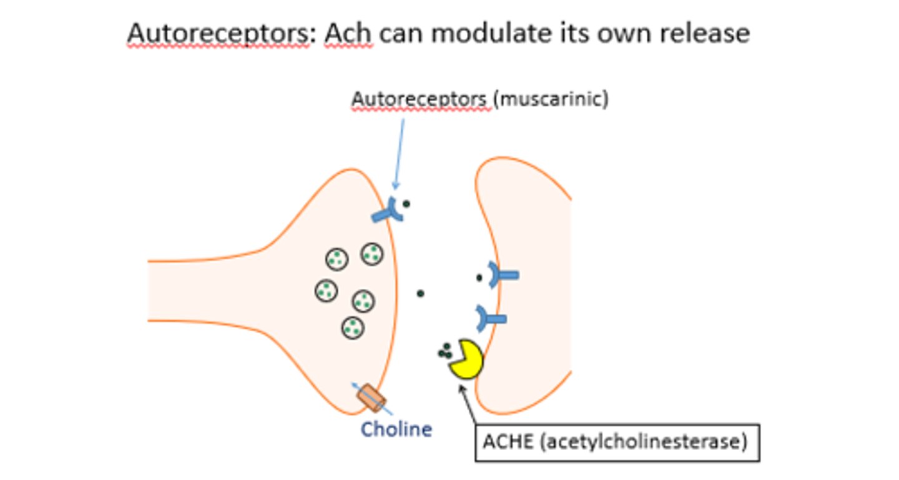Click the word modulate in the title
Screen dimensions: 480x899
click(484, 33)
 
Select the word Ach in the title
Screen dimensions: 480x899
click(348, 33)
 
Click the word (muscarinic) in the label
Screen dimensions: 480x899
click(551, 99)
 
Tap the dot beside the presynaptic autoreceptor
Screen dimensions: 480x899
click(406, 204)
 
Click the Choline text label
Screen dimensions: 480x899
click(397, 430)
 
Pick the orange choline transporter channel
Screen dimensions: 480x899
click(371, 398)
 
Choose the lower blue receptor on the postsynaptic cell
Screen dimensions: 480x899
click(491, 319)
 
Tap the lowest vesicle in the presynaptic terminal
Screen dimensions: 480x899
click(353, 327)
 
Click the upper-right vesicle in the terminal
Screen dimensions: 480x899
click(372, 254)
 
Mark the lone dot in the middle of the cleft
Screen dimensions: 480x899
click(420, 293)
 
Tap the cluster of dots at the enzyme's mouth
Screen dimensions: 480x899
click(445, 351)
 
